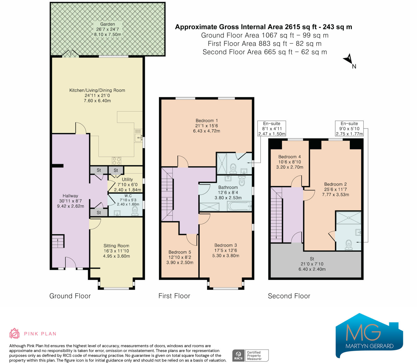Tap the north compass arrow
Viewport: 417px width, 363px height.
[348, 59]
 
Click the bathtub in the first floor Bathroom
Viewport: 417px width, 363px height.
[240, 206]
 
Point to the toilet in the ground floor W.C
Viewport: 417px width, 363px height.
[135, 210]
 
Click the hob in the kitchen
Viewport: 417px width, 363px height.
[116, 161]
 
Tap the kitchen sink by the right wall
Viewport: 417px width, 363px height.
[138, 136]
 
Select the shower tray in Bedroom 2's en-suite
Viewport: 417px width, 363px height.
[348, 218]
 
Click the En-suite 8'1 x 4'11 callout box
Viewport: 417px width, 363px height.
[272, 129]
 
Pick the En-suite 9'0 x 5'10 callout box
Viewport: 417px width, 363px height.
[349, 129]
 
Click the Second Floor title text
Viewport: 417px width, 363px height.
[289, 296]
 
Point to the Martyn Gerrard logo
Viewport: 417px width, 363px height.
[369, 335]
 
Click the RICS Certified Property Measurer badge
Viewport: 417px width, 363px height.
[250, 355]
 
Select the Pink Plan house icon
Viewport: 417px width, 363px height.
[14, 333]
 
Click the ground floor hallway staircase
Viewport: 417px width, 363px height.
[58, 241]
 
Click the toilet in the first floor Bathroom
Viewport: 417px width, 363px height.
[242, 180]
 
